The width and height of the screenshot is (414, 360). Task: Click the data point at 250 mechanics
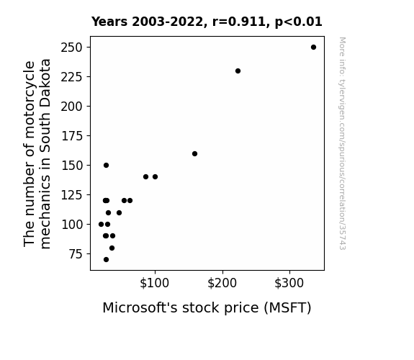point(313,48)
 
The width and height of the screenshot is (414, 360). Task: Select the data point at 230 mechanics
point(238,71)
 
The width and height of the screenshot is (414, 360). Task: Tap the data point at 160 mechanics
point(194,153)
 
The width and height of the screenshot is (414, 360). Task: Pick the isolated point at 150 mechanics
point(106,166)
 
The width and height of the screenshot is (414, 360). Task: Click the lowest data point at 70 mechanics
point(106,260)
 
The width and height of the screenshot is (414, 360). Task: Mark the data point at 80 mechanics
point(112,248)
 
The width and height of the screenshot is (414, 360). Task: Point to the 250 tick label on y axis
point(72,48)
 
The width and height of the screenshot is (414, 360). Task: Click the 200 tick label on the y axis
point(72,107)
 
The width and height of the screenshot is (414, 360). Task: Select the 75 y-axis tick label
point(76,254)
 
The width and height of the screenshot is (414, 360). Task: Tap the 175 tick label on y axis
point(72,136)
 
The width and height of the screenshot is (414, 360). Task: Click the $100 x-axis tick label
point(155,283)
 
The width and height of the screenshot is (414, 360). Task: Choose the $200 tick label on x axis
point(222,283)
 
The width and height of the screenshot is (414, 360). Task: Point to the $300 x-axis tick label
point(289,283)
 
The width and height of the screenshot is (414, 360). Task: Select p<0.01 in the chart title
point(299,22)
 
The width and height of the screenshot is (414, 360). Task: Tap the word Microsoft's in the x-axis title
point(140,307)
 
